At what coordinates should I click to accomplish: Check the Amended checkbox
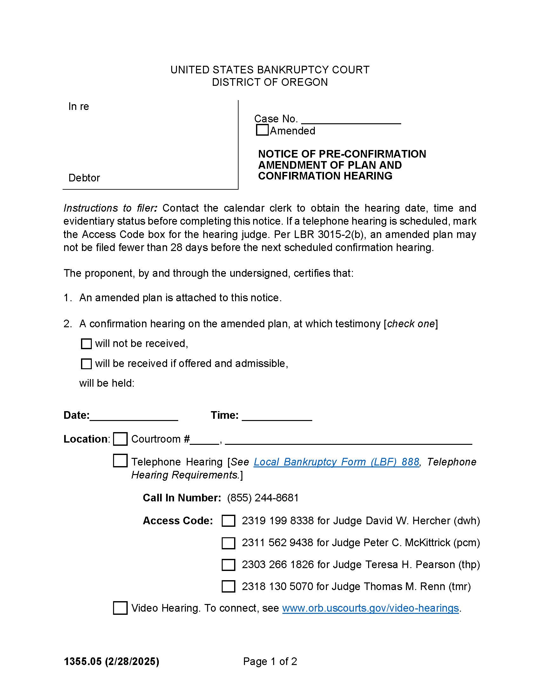coord(262,130)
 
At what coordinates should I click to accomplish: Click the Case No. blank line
coord(351,120)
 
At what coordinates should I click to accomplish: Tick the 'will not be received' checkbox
coord(86,344)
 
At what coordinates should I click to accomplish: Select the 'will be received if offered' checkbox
coord(86,364)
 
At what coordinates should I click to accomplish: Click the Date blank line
coord(134,416)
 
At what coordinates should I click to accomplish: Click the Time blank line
coord(277,416)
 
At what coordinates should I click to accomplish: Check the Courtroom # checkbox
coord(120,439)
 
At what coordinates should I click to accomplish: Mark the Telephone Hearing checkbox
coord(120,461)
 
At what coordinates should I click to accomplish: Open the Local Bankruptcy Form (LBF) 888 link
coord(336,462)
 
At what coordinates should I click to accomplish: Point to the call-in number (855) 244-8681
coord(263,498)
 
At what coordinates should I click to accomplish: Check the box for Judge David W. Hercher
coord(228,521)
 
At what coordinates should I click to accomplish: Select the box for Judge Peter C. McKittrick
coord(228,543)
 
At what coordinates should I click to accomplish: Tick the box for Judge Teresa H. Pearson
coord(228,565)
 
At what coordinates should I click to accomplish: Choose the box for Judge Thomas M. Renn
coord(228,586)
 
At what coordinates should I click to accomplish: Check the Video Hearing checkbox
coord(120,608)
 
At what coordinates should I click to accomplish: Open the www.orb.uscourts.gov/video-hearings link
coord(370,608)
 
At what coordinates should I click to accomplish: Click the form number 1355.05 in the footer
coord(83,661)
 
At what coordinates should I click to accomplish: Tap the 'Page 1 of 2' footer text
coord(270,661)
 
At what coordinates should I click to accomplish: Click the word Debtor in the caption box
coord(84,178)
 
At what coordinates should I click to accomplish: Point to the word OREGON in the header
coord(305,82)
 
